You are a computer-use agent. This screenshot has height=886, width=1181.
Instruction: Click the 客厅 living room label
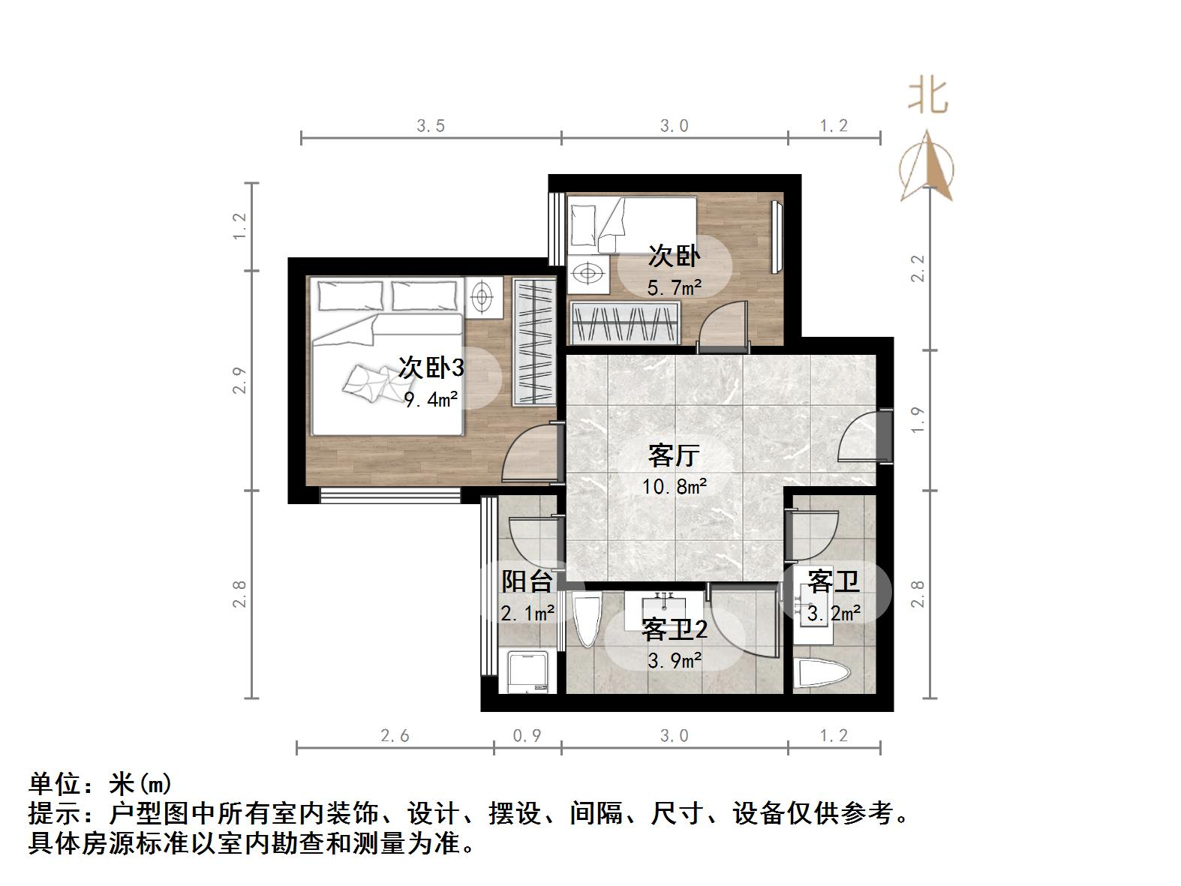pyautogui.click(x=674, y=455)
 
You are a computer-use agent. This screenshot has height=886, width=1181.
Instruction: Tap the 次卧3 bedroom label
pyautogui.click(x=431, y=368)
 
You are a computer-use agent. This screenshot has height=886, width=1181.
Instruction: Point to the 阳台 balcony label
pyautogui.click(x=527, y=581)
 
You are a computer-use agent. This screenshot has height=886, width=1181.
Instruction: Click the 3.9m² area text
pyautogui.click(x=675, y=660)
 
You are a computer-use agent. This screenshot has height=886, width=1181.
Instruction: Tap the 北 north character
pyautogui.click(x=928, y=96)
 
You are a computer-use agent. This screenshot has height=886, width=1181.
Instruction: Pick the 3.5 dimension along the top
pyautogui.click(x=431, y=125)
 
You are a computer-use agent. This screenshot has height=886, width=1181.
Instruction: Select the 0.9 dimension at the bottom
pyautogui.click(x=527, y=736)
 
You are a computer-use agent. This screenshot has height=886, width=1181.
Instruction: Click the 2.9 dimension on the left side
pyautogui.click(x=239, y=380)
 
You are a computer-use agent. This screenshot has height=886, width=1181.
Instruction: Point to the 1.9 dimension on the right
pyautogui.click(x=918, y=420)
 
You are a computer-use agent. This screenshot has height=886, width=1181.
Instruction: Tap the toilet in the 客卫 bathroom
pyautogui.click(x=822, y=674)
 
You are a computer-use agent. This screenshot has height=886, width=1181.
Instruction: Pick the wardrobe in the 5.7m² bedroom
pyautogui.click(x=625, y=323)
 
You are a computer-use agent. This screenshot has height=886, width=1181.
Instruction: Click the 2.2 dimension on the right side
pyautogui.click(x=918, y=269)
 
